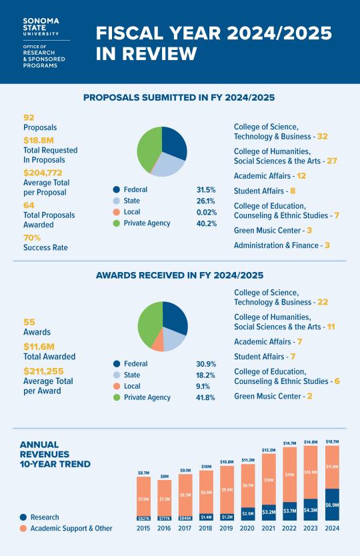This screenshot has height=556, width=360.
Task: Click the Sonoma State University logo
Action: (41, 27)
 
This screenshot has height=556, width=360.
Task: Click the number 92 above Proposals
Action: (29, 117)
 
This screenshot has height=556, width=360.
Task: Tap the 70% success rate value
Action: (32, 237)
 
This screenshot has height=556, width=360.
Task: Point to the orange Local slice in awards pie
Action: (157, 343)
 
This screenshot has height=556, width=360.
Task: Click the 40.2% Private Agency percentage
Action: (206, 223)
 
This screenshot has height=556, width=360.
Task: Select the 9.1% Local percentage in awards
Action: (203, 386)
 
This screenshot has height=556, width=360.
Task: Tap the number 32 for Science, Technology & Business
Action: (323, 136)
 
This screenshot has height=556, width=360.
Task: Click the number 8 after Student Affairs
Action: (292, 191)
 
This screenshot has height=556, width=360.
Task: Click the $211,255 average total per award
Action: (46, 371)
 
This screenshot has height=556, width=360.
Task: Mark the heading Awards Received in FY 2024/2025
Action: (179, 275)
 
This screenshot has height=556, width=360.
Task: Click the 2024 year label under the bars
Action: (331, 528)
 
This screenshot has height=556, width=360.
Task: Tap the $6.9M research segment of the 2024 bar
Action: (331, 505)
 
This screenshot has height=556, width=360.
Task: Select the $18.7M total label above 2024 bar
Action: (331, 442)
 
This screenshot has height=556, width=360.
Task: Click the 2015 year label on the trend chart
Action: (143, 528)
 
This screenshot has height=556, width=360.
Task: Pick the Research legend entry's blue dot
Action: (23, 517)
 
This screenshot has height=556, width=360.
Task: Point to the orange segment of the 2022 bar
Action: (289, 473)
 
